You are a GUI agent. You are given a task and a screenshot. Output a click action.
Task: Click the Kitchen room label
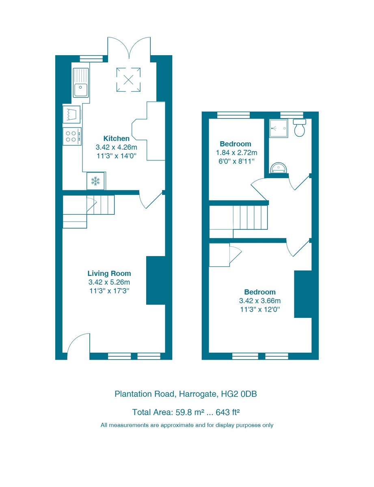pos(116,138)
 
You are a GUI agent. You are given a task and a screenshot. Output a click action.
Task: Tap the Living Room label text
pos(109,274)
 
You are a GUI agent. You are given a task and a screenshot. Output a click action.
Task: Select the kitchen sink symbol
pos(80,82)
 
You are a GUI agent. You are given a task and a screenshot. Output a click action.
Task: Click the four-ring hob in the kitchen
pos(71,136)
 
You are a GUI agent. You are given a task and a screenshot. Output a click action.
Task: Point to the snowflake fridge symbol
pos(95,181)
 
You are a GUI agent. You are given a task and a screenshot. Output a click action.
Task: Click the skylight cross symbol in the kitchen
pos(128,80)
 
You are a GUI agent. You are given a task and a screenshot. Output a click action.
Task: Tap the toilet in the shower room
pos(299,128)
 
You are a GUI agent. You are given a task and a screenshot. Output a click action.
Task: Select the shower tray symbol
pos(279,128)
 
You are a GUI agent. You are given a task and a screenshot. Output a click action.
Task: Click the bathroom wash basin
pos(279,168)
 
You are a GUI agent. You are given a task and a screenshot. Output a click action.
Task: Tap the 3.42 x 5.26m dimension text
pos(109,282)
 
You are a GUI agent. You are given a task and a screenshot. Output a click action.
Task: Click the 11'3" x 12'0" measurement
pos(260,309)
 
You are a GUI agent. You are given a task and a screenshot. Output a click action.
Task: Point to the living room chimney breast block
pos(156,280)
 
